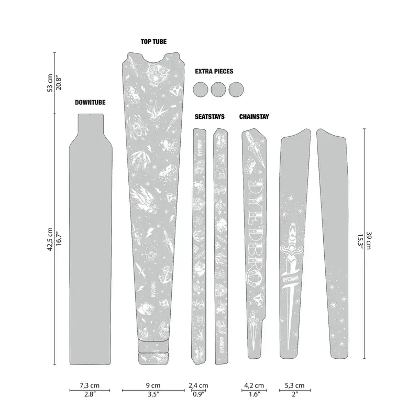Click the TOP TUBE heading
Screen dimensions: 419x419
click(153, 41)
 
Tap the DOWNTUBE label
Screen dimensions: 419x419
click(90, 103)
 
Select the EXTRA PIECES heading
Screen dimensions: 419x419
click(214, 71)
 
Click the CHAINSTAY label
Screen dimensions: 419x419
click(254, 117)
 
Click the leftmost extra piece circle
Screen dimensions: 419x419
click(201, 89)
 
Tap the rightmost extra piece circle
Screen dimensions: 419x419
click(237, 89)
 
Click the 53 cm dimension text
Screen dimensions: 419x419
click(50, 83)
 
